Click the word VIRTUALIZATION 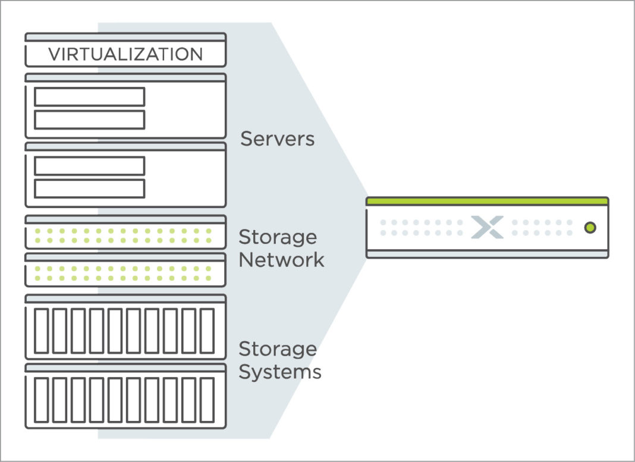coord(125,55)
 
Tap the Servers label coord(277,139)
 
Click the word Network coord(281,260)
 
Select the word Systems coord(280,372)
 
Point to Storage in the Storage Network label coord(278,237)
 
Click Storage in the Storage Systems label coord(278,349)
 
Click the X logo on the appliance coord(487,227)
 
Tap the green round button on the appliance coord(590,227)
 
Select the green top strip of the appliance coord(487,202)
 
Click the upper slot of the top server coord(89,97)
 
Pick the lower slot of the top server coord(89,120)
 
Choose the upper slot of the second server coord(89,166)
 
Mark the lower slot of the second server coord(89,188)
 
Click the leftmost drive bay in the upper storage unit coord(41,331)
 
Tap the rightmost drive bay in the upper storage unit coord(206,331)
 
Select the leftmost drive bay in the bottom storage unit coord(41,400)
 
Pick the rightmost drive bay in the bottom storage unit coord(206,400)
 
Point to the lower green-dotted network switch coord(125,274)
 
